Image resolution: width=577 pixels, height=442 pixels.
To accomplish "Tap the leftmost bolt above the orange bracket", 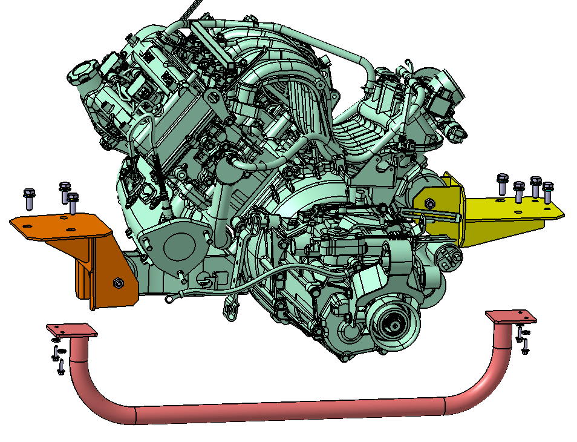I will [x=28, y=196].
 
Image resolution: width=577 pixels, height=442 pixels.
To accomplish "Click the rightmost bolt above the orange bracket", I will [x=73, y=202].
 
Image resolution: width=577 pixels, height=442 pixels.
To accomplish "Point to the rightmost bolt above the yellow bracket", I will [x=547, y=191].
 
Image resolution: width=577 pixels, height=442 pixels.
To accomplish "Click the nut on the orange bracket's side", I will [x=117, y=282].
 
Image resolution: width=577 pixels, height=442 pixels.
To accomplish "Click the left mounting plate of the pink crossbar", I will [x=71, y=331].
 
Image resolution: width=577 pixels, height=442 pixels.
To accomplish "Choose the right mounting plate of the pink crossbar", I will [x=511, y=317].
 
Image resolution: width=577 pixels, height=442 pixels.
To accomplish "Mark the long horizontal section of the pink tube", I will [x=290, y=409].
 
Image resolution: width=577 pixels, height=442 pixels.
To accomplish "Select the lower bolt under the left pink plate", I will [x=60, y=367].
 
